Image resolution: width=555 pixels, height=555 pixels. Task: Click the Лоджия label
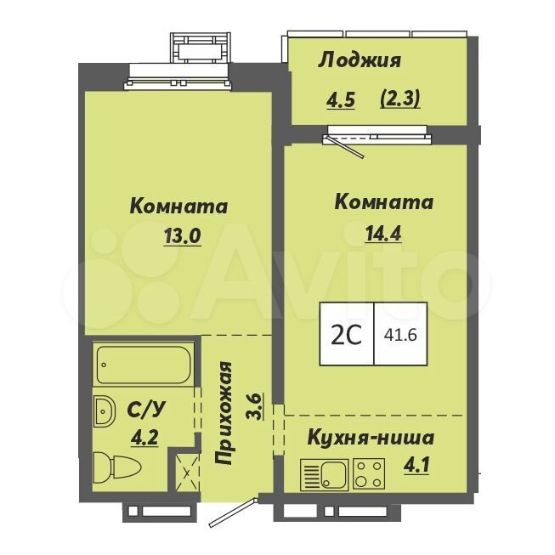coord(360,60)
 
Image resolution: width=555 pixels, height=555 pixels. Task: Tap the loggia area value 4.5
coord(341,99)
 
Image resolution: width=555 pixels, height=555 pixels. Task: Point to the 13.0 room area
coord(182,235)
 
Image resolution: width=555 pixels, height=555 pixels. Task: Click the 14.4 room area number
coord(383,233)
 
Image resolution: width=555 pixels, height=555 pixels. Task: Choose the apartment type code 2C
coord(346,335)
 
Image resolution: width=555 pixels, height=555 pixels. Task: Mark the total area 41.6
coord(400,335)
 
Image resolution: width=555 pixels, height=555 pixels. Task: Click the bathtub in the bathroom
coord(144,365)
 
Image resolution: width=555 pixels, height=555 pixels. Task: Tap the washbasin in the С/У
coord(105,411)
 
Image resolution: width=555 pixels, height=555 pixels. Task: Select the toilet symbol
coord(117,467)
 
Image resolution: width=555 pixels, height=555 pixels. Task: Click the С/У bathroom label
coord(146,411)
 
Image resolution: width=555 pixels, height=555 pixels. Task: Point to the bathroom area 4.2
coord(144,439)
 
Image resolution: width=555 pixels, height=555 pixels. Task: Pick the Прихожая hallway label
coord(224,413)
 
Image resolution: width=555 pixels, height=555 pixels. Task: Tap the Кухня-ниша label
coord(371,438)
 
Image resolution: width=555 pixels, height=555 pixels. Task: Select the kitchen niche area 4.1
coord(416,464)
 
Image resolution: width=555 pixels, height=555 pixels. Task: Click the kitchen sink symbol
coord(325,475)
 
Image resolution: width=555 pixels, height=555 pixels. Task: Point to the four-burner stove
coord(369,474)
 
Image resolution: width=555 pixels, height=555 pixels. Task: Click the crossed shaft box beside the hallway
coord(188,473)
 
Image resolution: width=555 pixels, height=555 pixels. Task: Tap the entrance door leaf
coord(233,513)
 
